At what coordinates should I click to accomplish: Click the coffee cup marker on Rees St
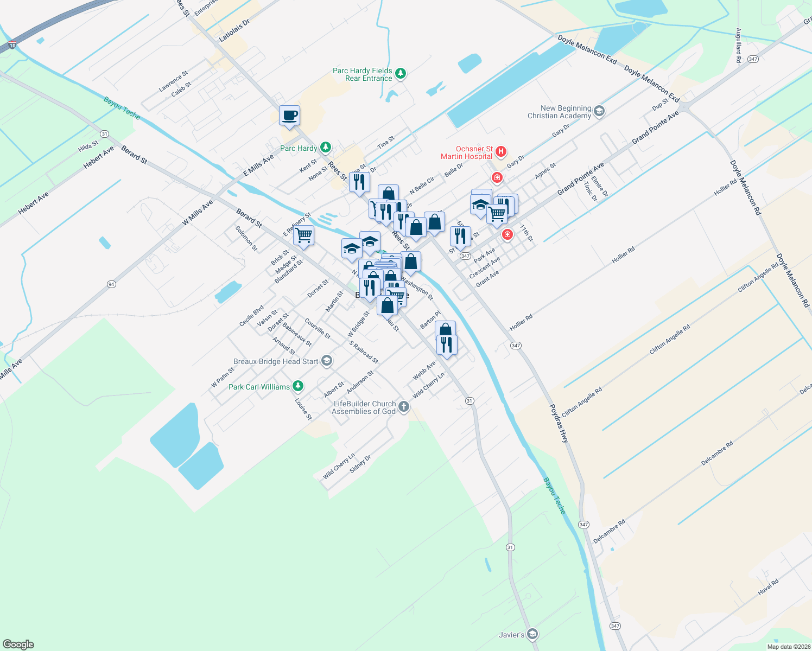click(x=289, y=116)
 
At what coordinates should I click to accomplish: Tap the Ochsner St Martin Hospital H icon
click(x=501, y=151)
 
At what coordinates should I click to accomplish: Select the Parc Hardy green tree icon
click(x=325, y=147)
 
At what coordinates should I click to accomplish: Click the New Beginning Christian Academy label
click(x=559, y=112)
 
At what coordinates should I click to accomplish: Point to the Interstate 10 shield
click(x=12, y=46)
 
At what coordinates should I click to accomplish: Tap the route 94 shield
click(x=111, y=284)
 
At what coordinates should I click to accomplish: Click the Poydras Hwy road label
click(x=559, y=424)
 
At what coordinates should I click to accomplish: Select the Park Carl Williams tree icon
click(x=297, y=386)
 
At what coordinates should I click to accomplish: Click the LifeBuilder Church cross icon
click(x=403, y=407)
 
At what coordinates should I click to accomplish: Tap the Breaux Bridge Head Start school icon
click(x=326, y=361)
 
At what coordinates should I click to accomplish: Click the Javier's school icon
click(x=532, y=634)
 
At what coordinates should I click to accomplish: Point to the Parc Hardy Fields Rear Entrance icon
click(x=401, y=73)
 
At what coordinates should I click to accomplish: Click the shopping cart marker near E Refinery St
click(x=304, y=235)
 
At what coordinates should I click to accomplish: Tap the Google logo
click(x=18, y=644)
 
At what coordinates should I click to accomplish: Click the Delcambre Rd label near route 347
click(x=609, y=532)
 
